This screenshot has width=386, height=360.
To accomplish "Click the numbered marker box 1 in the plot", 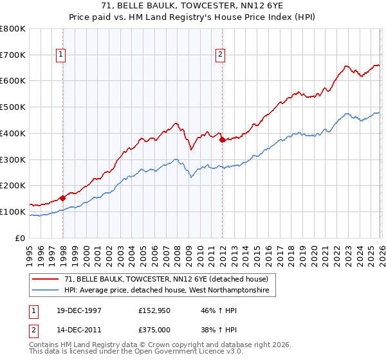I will click(61, 55).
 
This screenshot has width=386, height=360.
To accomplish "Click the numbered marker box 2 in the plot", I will click(220, 55).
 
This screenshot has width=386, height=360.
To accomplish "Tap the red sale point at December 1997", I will click(63, 198).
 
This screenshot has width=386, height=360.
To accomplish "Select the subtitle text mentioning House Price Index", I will click(192, 18).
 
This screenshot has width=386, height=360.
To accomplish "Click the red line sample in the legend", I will click(46, 279).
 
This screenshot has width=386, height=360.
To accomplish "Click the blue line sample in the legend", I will click(46, 291).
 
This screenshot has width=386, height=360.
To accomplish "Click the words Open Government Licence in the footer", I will click(168, 353).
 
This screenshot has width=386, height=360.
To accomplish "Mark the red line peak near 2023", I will click(346, 66).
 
